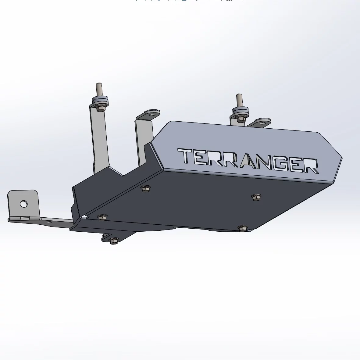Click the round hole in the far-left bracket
pos(24,204)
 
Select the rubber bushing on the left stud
pos(101,101)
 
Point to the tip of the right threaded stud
pos(238,96)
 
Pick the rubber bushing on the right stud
pos(240,111)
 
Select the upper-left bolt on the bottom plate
pos(145,189)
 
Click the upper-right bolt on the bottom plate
pos(256,197)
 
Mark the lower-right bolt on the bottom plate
pos(243,228)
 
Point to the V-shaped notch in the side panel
pos(123,174)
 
